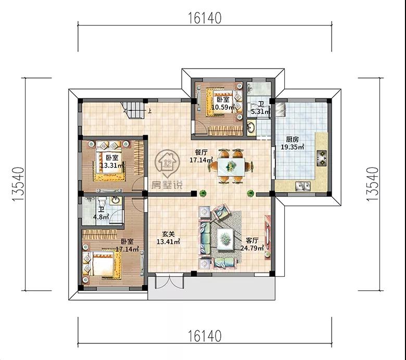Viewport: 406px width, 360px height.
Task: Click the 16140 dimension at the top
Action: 204,18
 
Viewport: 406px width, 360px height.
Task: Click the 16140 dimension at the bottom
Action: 204,336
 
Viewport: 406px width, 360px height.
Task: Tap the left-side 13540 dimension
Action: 18,184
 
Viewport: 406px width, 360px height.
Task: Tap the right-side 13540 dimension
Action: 372,184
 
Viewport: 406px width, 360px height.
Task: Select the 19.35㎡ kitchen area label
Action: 293,147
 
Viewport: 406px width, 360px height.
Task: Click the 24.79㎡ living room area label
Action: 252,248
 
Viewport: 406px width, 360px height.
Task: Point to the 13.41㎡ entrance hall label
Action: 168,242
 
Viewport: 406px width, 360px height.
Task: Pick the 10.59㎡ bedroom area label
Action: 223,107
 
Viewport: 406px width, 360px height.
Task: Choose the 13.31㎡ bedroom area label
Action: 112,165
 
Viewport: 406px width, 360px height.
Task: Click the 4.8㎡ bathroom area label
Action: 101,217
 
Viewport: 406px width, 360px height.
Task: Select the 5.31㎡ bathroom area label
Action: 261,112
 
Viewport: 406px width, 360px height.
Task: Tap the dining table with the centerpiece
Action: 231,166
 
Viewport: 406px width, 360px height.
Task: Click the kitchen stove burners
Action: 322,158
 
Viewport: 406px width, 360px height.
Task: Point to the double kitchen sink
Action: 303,186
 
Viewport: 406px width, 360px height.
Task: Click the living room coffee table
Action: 225,239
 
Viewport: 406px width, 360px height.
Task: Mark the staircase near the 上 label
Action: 133,110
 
